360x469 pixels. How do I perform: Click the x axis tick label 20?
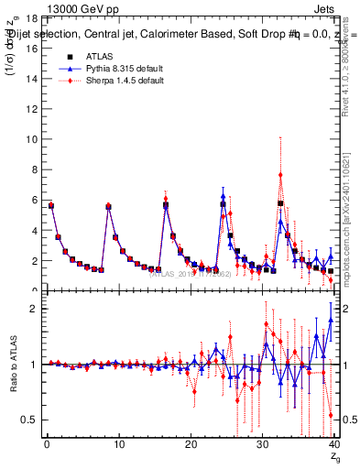point(191,446)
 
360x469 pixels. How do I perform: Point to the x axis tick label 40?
point(333,446)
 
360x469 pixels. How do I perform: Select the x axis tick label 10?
point(118,446)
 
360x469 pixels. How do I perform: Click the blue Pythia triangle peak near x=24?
point(223,195)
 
